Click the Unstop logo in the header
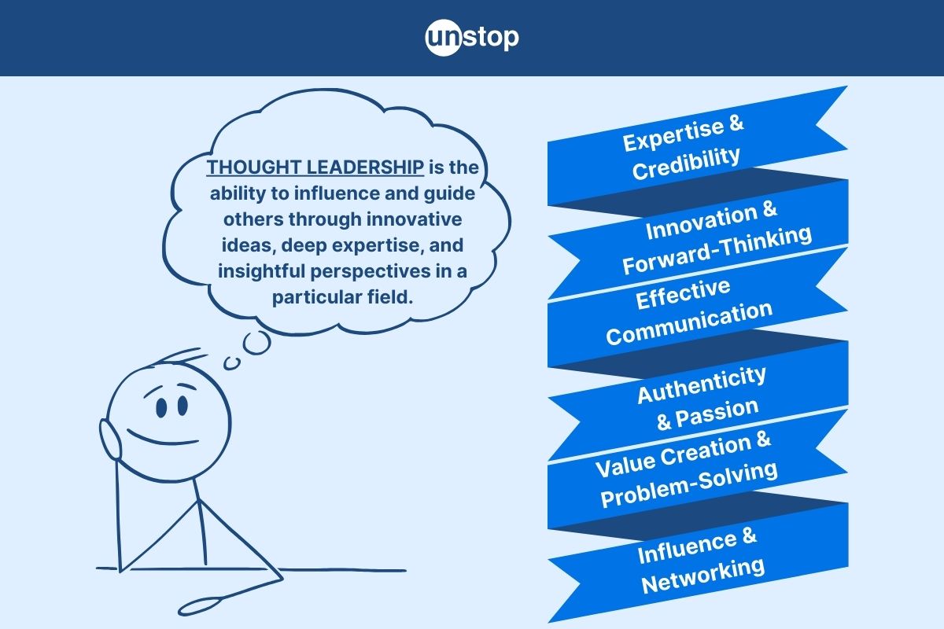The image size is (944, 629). pos(472,37)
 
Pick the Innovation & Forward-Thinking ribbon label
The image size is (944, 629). pos(713,238)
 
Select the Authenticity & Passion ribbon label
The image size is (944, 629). pos(702,396)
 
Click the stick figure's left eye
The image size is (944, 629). pos(161,407)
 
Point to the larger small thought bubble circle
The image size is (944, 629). pos(257,344)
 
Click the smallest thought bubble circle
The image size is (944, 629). pos(231,363)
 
